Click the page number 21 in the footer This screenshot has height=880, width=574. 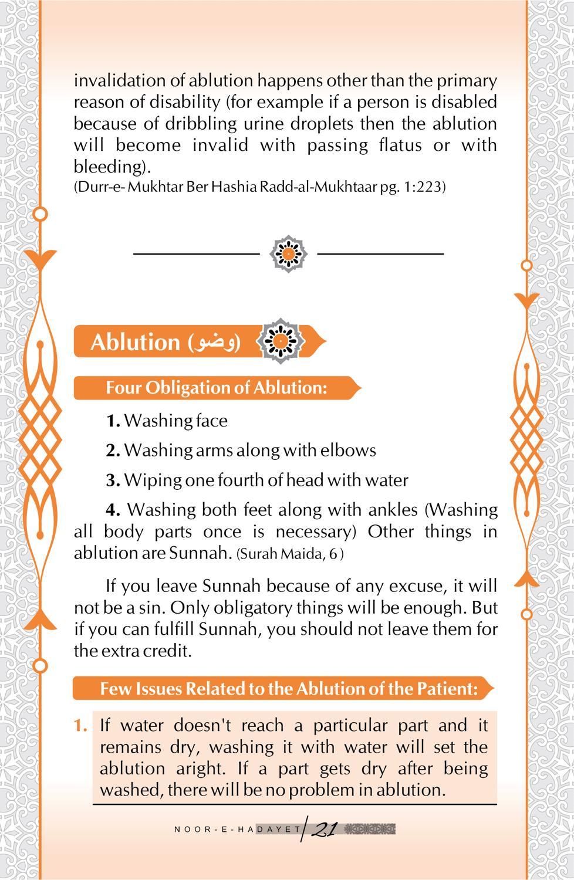click(325, 830)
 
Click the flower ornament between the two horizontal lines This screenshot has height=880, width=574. click(288, 253)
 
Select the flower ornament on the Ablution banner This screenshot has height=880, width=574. click(281, 341)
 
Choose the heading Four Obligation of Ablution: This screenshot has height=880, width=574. click(216, 388)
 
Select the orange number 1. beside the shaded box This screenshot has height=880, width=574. click(80, 726)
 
